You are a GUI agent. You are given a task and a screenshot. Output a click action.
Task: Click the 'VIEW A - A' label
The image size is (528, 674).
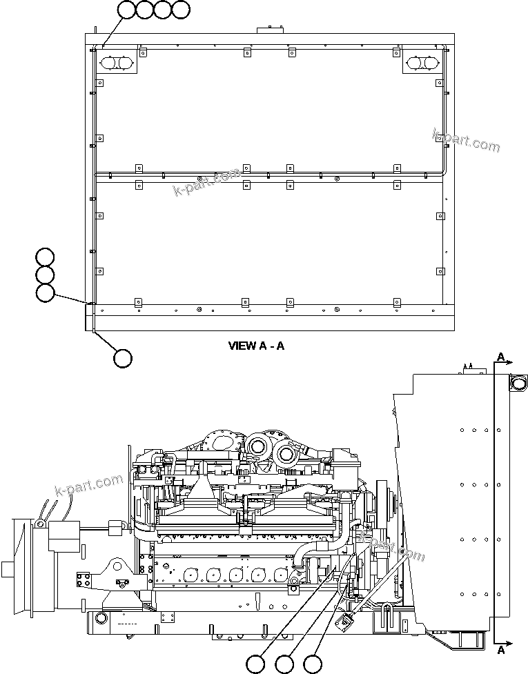click(x=256, y=346)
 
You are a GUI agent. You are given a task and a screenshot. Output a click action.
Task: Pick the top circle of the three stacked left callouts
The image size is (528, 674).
click(x=45, y=257)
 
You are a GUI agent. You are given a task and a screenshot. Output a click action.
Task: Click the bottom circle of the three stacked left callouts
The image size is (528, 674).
click(x=45, y=293)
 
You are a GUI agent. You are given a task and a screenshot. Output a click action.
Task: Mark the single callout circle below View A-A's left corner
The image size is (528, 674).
click(x=122, y=358)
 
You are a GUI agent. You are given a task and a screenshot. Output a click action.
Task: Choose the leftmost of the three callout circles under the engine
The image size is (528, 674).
click(x=255, y=664)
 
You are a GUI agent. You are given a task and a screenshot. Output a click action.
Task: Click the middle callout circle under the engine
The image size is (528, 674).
click(x=284, y=664)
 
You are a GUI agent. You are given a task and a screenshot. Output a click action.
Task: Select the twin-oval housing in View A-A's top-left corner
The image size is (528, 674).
click(x=118, y=63)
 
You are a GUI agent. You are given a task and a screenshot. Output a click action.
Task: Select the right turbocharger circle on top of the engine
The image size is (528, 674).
click(x=286, y=454)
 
